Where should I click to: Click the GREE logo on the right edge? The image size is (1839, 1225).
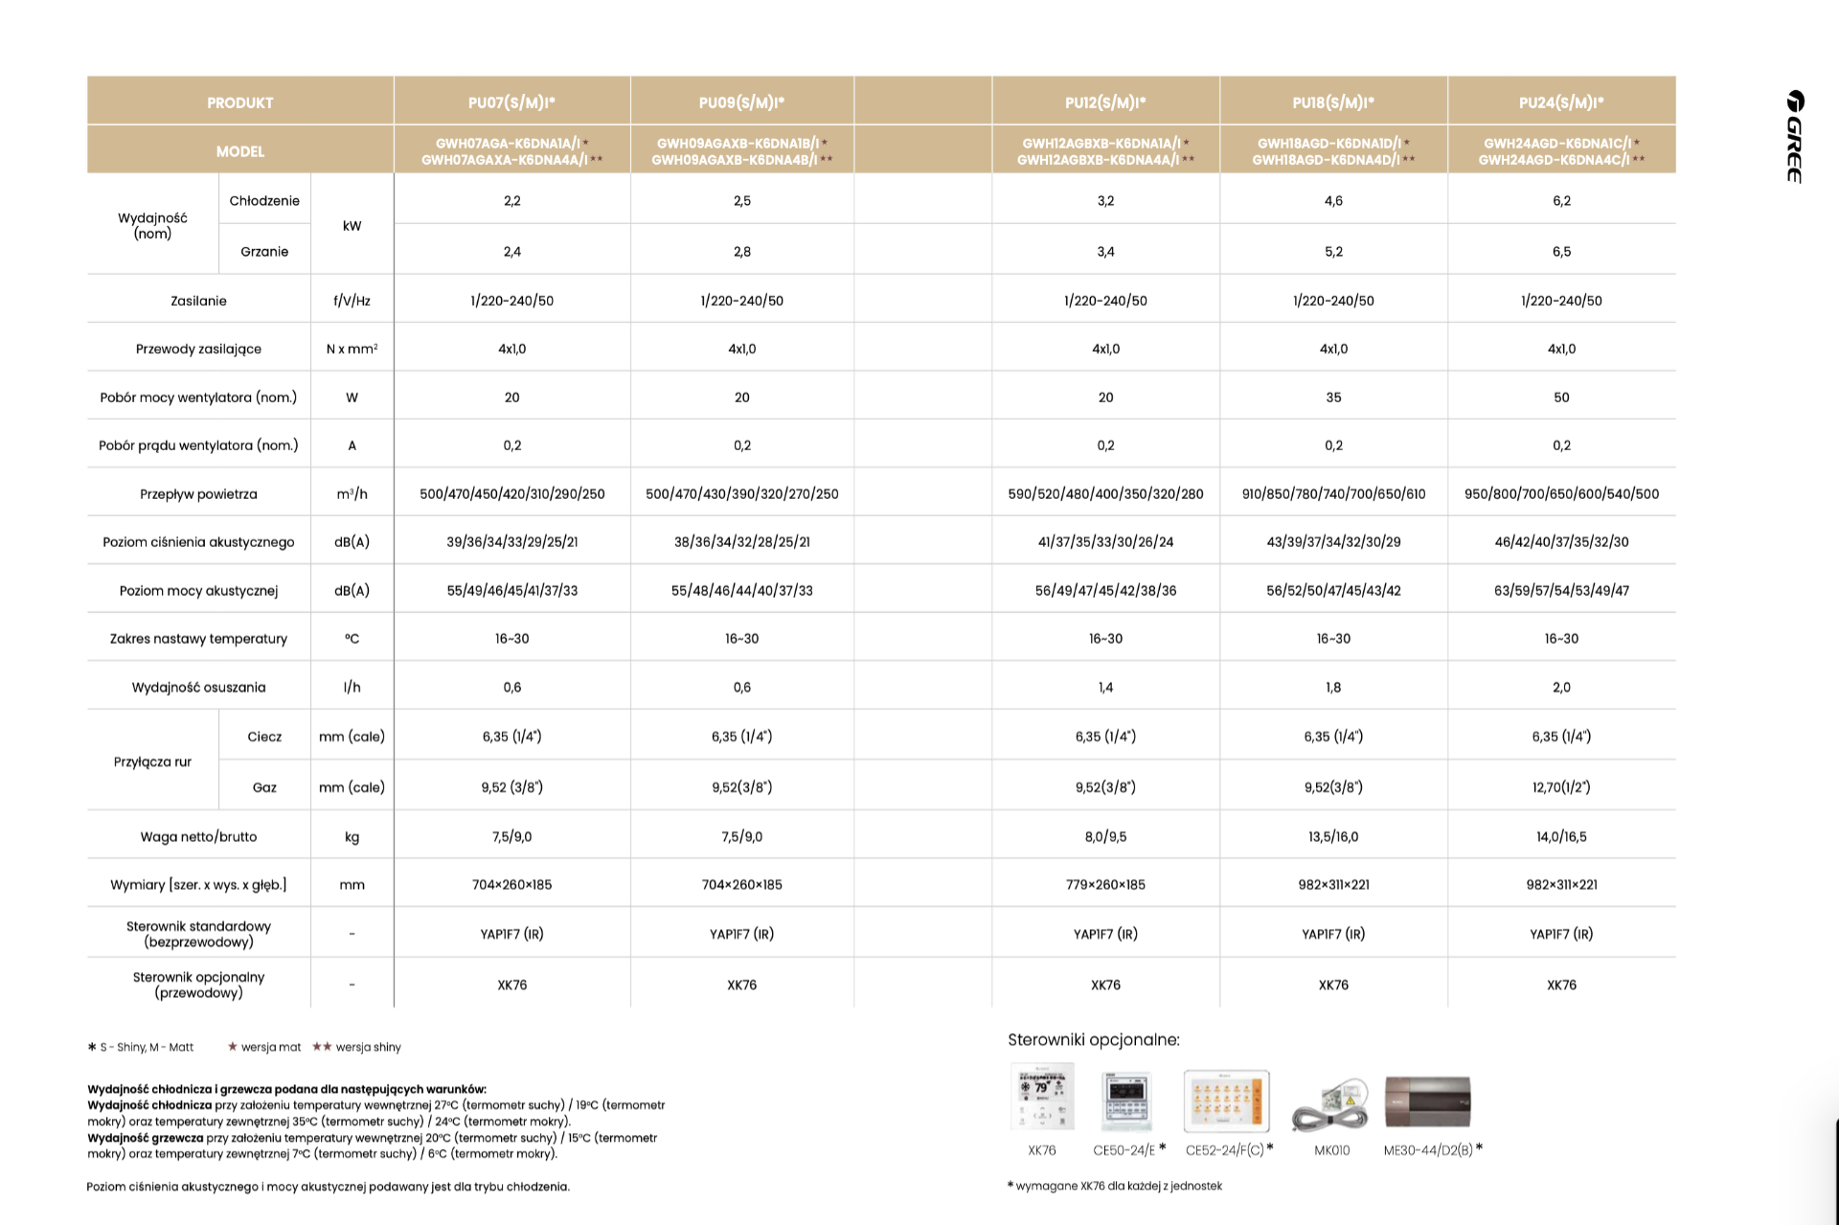[1795, 136]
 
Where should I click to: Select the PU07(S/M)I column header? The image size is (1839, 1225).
[511, 102]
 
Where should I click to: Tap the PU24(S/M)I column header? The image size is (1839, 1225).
[1561, 102]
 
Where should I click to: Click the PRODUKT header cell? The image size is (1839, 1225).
[239, 102]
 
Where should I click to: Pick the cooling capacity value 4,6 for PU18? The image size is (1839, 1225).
[1333, 201]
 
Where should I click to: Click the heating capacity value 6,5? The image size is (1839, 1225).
[1561, 252]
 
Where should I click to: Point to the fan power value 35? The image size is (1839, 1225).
[1333, 397]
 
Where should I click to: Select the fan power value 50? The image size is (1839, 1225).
[1561, 397]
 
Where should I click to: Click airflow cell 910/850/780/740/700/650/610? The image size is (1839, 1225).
[1333, 494]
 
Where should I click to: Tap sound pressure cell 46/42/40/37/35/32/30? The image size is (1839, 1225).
[1561, 542]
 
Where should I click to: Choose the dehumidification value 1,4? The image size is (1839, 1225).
[1105, 688]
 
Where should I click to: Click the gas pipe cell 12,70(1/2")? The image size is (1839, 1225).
[1561, 787]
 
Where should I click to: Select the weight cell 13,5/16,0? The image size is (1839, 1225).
[1333, 837]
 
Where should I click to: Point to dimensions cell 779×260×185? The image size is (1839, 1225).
[1105, 885]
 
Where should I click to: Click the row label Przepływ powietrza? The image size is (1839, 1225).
[198, 494]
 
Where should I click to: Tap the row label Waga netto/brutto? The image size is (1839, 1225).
[198, 837]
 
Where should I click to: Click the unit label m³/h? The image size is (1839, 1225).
[352, 494]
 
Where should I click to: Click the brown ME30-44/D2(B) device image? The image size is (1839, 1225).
[1427, 1101]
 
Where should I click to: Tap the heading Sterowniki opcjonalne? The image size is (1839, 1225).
[1094, 1040]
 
